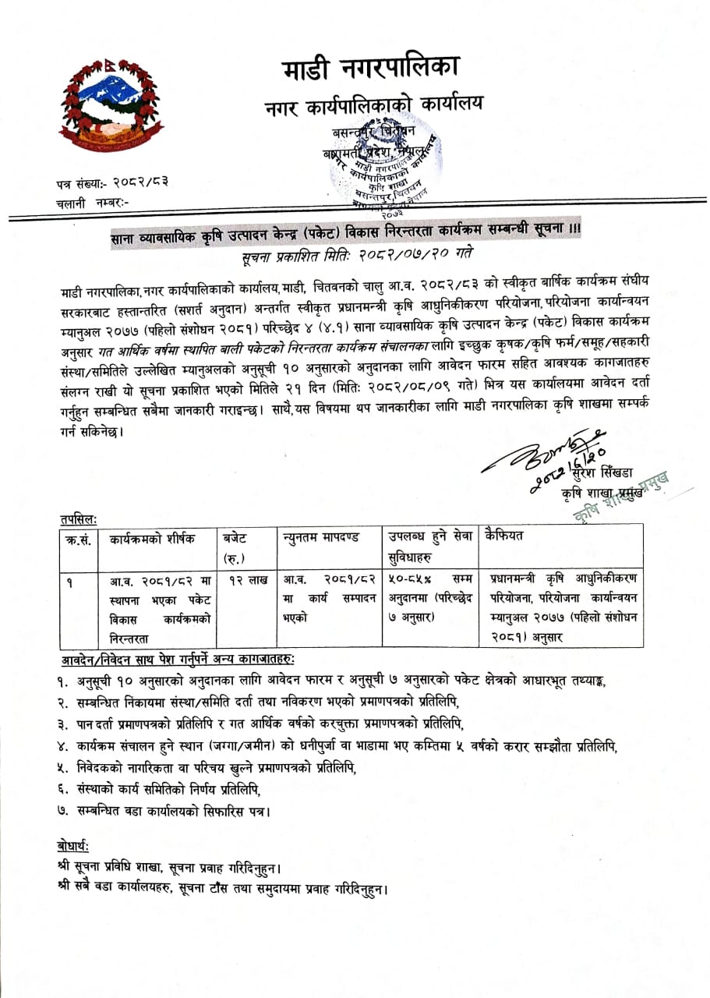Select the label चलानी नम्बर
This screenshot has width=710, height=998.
[x=92, y=202]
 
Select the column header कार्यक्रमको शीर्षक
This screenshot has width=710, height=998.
[x=152, y=538]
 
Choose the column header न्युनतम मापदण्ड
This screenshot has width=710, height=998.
[x=320, y=538]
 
